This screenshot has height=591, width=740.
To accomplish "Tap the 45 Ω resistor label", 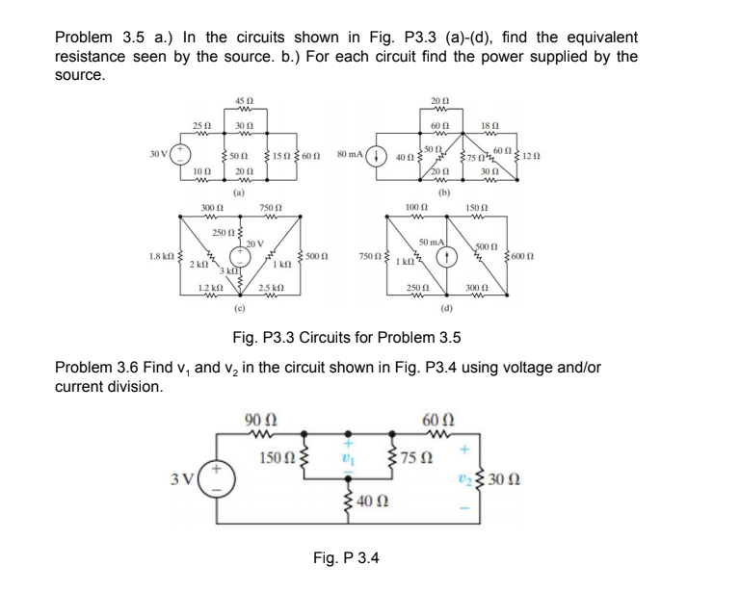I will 244,104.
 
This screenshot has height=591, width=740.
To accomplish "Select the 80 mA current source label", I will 354,153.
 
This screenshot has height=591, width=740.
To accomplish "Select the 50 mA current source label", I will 431,241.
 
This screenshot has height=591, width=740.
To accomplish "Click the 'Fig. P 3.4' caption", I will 346,557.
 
